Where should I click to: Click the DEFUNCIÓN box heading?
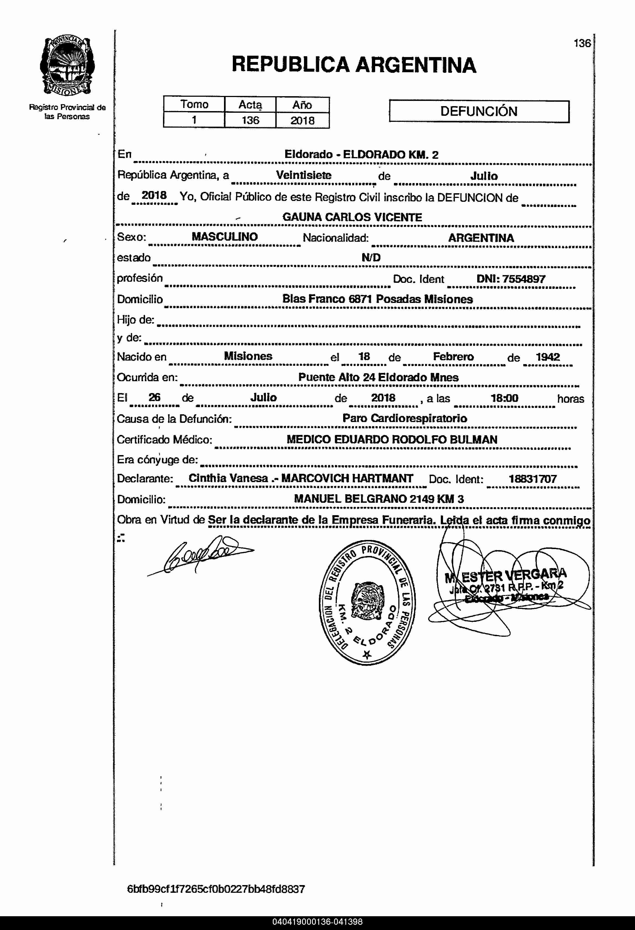[x=479, y=111]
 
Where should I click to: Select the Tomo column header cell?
[x=194, y=104]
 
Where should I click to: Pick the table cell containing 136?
[x=250, y=120]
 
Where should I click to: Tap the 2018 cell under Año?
[x=302, y=120]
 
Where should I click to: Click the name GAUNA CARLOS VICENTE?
[x=352, y=217]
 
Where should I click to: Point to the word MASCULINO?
[x=225, y=236]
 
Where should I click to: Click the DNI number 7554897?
[x=524, y=279]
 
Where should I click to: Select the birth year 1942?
[x=548, y=357]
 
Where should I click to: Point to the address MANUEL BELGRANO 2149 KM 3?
[x=379, y=499]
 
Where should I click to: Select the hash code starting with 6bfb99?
[x=216, y=889]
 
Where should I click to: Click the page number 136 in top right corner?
[x=582, y=43]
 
